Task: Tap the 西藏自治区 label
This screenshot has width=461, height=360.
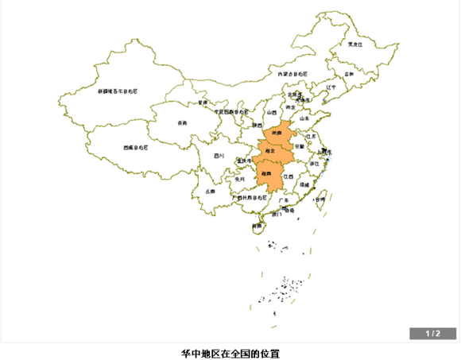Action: pos(138,147)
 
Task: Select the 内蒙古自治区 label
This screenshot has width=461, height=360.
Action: pos(292,74)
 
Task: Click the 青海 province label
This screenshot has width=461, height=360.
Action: pos(183,122)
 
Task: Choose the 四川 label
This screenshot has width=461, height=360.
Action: pos(219,156)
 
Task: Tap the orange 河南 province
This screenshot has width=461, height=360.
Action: pos(276,133)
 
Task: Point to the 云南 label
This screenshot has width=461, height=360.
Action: pos(210,192)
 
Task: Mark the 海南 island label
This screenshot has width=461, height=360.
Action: pos(256,226)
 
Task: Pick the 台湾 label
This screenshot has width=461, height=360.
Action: pos(320,200)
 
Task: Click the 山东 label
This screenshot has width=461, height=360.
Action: pos(304,117)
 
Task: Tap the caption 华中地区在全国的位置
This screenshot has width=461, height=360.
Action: pos(230,352)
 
